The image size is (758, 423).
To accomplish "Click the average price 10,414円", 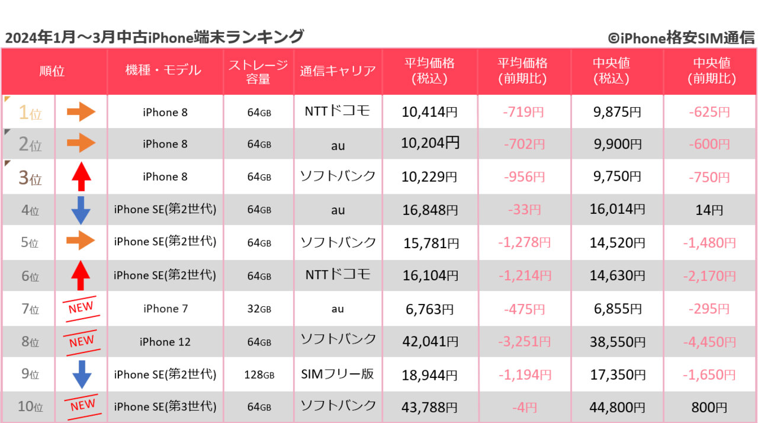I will tap(430, 112).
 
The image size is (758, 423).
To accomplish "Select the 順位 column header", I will tap(52, 71).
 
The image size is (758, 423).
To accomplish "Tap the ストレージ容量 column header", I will tap(258, 71).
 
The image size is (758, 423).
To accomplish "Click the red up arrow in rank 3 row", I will tap(81, 176).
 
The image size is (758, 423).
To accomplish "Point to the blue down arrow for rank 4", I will tap(81, 210).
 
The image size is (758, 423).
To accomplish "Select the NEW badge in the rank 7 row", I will tap(81, 309).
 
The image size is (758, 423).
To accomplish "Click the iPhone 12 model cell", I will tap(165, 342).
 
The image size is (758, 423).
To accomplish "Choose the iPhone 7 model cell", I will tap(165, 309).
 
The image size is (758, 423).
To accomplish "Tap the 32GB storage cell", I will tap(259, 309).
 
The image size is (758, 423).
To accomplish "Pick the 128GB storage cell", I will tap(259, 375).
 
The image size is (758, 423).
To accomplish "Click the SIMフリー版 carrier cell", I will tap(338, 374).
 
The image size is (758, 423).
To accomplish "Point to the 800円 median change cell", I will tap(709, 407).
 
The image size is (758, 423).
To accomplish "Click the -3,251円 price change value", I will tap(524, 342).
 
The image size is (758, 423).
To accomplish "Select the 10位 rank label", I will tap(30, 407).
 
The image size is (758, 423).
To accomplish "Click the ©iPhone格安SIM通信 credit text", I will tap(681, 39).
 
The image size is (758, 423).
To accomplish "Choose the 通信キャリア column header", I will tap(338, 71).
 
